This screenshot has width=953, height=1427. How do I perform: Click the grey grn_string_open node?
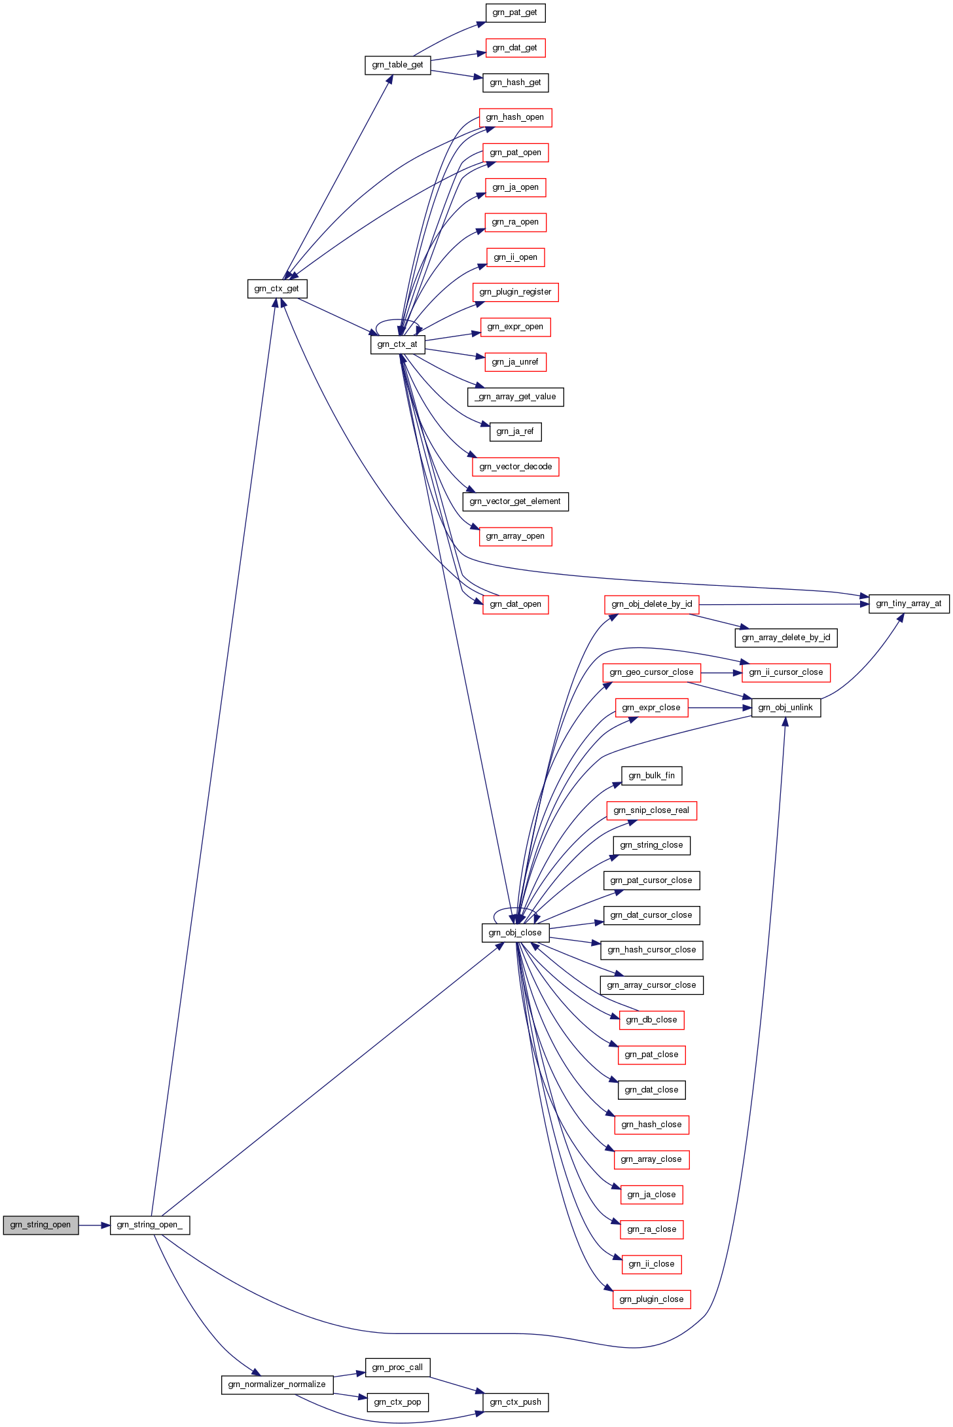(41, 1225)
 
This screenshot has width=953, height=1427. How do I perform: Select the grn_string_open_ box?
(150, 1225)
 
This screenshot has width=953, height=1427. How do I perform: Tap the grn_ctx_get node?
(277, 289)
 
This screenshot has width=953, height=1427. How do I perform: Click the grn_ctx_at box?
(397, 344)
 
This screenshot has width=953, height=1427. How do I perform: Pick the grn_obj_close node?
(515, 933)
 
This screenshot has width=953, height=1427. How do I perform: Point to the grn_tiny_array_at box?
(908, 604)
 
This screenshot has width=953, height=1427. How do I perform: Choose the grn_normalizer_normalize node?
(277, 1384)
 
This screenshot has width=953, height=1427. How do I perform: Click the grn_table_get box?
(397, 65)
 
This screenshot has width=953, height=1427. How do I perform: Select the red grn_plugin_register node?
(515, 292)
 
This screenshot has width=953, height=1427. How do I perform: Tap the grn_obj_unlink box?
(785, 708)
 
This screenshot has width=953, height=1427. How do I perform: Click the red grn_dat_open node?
(515, 604)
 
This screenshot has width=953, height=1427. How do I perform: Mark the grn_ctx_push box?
(515, 1402)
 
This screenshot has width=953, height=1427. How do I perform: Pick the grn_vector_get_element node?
(515, 501)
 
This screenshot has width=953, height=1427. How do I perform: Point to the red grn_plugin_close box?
(651, 1299)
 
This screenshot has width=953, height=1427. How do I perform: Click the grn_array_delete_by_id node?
(785, 638)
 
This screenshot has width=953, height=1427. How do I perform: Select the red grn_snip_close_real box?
(651, 810)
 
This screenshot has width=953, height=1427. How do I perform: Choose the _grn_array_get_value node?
(515, 397)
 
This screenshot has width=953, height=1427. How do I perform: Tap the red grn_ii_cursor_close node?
(785, 672)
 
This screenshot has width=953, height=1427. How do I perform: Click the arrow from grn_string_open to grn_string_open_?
(94, 1225)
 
